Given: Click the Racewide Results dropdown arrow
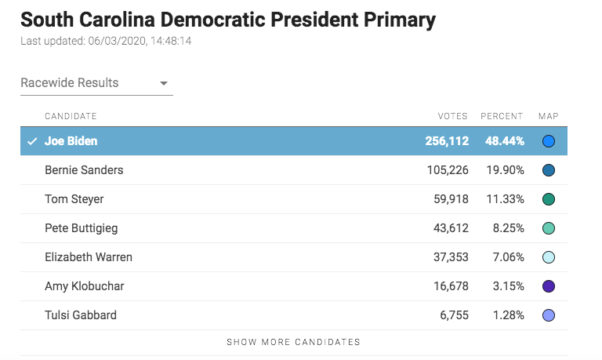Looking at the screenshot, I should click(x=164, y=83).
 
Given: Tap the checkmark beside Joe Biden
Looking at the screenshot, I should click(x=32, y=142).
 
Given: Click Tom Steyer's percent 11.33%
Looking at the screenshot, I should click(x=503, y=199).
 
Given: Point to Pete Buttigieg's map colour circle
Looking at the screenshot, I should click(x=549, y=228).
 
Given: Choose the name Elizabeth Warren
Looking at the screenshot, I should click(x=89, y=257).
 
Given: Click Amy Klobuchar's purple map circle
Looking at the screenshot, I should click(x=549, y=286).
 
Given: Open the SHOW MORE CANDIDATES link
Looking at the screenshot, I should click(x=294, y=342).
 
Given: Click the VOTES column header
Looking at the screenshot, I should click(x=452, y=116).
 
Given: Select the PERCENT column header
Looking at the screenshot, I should click(x=502, y=116).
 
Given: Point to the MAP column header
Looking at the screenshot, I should click(x=548, y=116).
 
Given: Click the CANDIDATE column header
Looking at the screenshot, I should click(x=71, y=116).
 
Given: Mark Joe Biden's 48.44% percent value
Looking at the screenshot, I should click(x=502, y=141).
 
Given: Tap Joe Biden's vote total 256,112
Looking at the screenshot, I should click(x=442, y=141).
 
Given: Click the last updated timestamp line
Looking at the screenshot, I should click(x=106, y=41).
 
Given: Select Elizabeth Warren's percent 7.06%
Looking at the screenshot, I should click(x=506, y=257).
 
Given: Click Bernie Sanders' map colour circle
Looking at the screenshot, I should click(x=549, y=170).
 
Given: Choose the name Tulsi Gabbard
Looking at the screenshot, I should click(x=81, y=315).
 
